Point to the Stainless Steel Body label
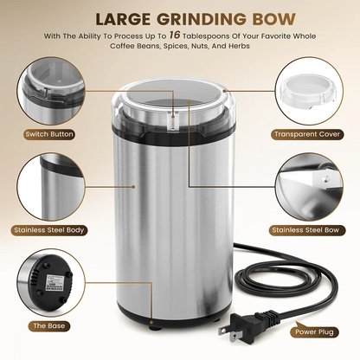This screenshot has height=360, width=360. (48, 231)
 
